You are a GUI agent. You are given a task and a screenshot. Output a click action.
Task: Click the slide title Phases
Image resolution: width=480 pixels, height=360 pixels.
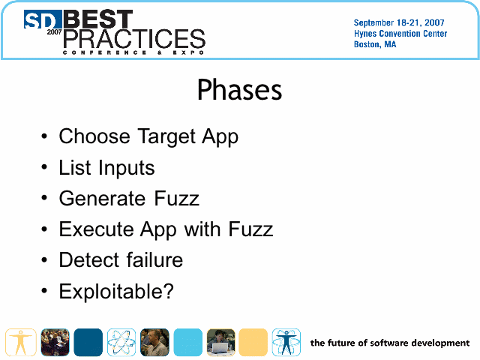tap(239, 89)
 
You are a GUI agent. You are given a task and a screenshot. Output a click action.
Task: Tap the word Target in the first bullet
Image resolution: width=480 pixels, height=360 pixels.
tap(166, 136)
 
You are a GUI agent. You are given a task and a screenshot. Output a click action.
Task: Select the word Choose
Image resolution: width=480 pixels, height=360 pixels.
tap(94, 136)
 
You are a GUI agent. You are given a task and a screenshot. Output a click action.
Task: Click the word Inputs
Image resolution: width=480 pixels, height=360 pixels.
tap(127, 168)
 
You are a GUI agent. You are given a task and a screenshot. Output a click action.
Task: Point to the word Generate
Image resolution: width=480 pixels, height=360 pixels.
tap(102, 198)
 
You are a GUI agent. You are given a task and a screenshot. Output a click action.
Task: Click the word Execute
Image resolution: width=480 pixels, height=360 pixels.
tap(96, 229)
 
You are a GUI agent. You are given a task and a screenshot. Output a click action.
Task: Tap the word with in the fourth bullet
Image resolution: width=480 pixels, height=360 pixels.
tap(202, 229)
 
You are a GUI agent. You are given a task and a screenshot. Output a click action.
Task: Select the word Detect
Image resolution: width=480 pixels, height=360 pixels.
tap(89, 260)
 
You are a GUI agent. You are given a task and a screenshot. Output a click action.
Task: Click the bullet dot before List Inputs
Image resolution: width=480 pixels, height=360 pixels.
tap(44, 167)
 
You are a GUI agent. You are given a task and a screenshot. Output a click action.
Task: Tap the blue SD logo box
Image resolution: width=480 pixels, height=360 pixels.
tap(43, 19)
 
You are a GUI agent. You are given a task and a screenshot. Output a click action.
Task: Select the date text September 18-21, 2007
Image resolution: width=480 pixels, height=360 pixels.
tap(399, 22)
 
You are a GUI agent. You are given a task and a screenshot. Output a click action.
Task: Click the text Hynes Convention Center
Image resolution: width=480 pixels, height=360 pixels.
tap(400, 33)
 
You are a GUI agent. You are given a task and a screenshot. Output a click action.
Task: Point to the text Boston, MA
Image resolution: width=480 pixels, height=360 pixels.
tap(375, 44)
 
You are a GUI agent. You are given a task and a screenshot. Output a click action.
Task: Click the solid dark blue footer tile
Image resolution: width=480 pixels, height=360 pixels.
tap(88, 342)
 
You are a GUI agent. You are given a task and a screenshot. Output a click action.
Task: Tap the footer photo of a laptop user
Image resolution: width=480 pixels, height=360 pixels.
tap(221, 342)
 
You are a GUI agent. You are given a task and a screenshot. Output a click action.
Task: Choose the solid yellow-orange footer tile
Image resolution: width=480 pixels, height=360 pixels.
tap(253, 342)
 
